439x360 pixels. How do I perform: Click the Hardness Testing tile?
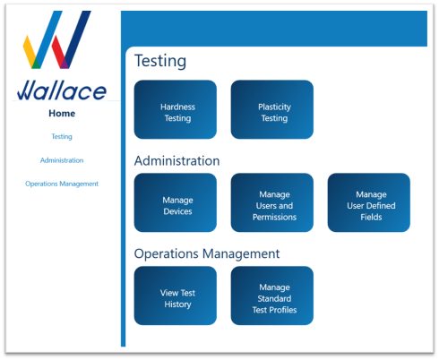pyautogui.click(x=176, y=109)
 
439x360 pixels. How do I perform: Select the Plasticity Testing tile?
pyautogui.click(x=272, y=109)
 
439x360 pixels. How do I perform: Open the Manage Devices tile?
pyautogui.click(x=176, y=202)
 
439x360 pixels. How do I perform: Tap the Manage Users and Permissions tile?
pyautogui.click(x=272, y=202)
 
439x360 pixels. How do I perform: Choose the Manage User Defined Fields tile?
pyautogui.click(x=369, y=202)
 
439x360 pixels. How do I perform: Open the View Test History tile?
pyautogui.click(x=176, y=296)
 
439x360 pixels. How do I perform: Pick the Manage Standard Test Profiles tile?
pyautogui.click(x=272, y=296)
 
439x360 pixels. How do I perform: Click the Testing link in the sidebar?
pyautogui.click(x=62, y=137)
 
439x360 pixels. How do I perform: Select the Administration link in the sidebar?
pyautogui.click(x=62, y=160)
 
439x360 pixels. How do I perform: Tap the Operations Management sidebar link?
pyautogui.click(x=62, y=184)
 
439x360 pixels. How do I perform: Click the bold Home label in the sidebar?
pyautogui.click(x=62, y=114)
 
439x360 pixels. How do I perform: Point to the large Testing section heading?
pyautogui.click(x=160, y=62)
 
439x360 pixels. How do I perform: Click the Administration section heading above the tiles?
pyautogui.click(x=176, y=161)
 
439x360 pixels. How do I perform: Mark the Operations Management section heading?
pyautogui.click(x=207, y=254)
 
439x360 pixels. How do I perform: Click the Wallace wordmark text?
pyautogui.click(x=62, y=90)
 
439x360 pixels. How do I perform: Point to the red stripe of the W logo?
pyautogui.click(x=59, y=52)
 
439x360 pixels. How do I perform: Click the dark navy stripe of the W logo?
pyautogui.click(x=78, y=39)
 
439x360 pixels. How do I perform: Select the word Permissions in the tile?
pyautogui.click(x=274, y=217)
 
